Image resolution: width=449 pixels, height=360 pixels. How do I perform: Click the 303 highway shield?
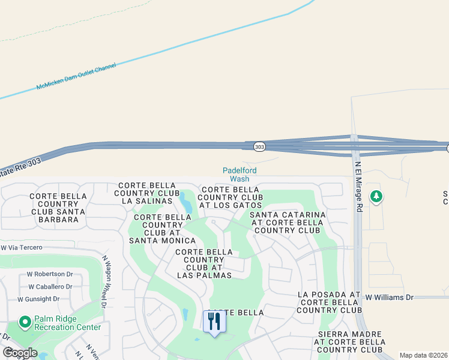pos(259,146)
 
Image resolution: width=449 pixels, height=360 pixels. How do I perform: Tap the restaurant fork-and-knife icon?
pos(214,322)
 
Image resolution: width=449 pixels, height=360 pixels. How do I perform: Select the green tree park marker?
pos(376,196)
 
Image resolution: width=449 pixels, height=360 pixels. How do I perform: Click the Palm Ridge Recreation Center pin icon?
pos(25,323)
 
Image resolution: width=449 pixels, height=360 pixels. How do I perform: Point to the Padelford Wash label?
pos(240,175)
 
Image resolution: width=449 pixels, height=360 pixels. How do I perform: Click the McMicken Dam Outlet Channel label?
pos(76,77)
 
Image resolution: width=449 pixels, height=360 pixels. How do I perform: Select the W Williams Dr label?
pos(390,297)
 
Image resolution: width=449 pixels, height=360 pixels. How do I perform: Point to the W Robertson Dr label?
pos(50,274)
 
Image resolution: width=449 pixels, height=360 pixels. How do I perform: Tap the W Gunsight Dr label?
pos(38,299)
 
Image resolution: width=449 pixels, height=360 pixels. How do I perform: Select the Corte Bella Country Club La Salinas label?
pos(147,193)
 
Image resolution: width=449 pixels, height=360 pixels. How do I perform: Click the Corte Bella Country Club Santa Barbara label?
pos(58,208)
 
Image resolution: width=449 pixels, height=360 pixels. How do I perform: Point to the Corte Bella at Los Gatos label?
pos(230,197)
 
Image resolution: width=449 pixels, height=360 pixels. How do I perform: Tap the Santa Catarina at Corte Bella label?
pos(288,222)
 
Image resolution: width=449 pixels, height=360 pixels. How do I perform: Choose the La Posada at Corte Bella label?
pos(329,302)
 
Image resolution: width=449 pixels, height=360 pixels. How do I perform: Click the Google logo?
pos(20,353)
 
